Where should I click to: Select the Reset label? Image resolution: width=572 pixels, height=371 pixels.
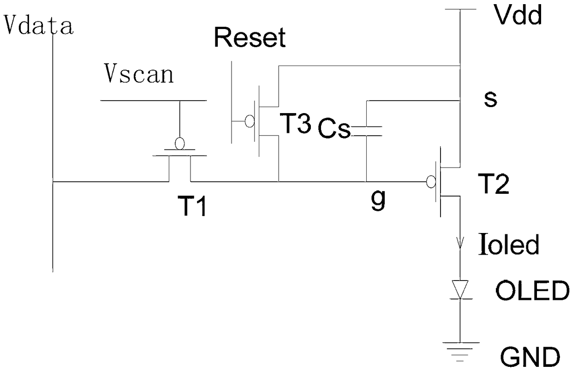click(250, 37)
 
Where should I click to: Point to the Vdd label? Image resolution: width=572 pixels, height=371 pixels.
click(518, 15)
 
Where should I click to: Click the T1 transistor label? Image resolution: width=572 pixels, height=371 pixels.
click(192, 206)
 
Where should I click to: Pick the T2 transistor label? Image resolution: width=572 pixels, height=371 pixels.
click(494, 184)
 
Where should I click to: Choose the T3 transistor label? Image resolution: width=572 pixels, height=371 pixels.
click(296, 123)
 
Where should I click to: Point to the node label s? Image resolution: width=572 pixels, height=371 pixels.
click(490, 99)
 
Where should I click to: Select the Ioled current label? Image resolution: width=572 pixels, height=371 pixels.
click(509, 244)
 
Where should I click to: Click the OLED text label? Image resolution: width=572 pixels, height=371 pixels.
click(532, 291)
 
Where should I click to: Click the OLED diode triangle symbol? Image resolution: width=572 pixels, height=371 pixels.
click(460, 289)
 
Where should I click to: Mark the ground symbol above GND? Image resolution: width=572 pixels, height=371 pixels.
click(460, 352)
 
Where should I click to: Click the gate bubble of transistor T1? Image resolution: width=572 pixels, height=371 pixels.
click(180, 144)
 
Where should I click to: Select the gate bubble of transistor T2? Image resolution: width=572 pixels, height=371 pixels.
click(431, 182)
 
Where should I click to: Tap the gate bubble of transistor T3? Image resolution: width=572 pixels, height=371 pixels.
click(250, 121)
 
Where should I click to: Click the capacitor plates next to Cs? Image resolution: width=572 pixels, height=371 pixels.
click(366, 131)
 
